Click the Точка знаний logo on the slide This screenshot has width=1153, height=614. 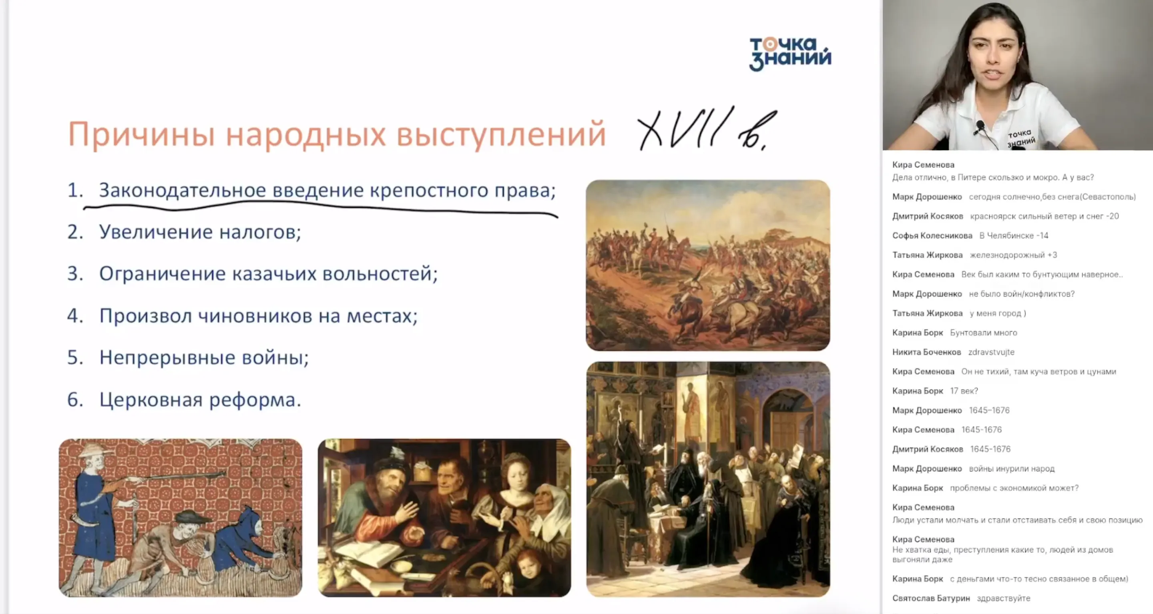[790, 54]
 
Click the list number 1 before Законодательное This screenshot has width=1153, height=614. [74, 190]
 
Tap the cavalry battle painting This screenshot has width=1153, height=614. [708, 265]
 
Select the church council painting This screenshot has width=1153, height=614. [708, 479]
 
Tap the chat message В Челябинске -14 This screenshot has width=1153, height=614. [1013, 235]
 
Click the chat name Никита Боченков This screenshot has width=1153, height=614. [926, 352]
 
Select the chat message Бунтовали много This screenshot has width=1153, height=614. [983, 333]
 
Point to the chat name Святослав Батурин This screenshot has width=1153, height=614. [931, 598]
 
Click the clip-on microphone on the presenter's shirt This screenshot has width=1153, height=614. [980, 126]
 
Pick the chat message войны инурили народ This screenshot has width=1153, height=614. [1012, 469]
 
